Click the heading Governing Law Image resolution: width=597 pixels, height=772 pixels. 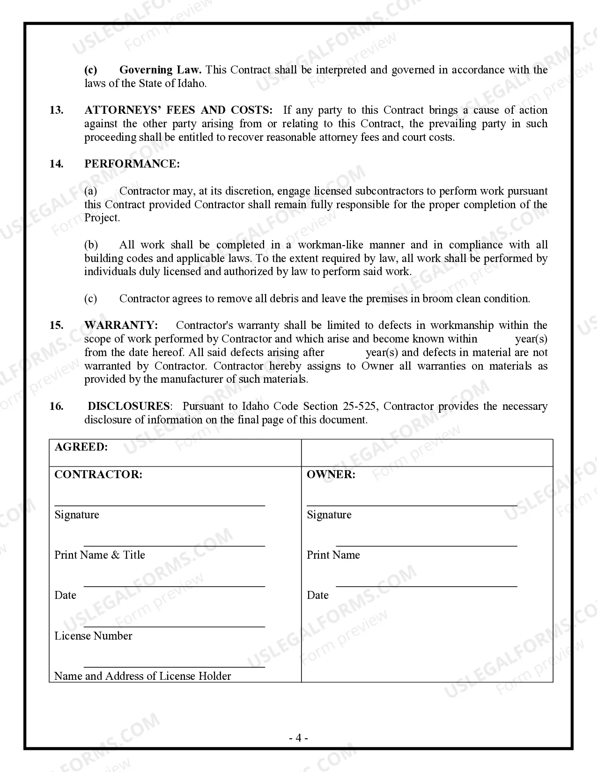tap(160, 70)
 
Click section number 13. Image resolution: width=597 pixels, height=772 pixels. tap(56, 110)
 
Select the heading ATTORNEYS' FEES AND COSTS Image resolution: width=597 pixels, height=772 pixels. tap(178, 110)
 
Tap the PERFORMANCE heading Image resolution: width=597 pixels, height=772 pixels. tap(132, 164)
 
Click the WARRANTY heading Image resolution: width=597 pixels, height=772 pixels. tap(121, 326)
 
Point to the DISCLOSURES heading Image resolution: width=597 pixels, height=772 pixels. tap(129, 407)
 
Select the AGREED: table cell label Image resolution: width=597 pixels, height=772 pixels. tap(81, 447)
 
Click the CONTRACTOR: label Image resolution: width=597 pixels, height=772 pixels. tap(98, 475)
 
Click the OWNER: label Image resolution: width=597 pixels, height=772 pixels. tap(331, 475)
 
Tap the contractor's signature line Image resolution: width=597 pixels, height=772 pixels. tap(160, 505)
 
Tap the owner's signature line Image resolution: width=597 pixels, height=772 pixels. tap(412, 505)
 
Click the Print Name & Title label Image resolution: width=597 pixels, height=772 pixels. tap(100, 555)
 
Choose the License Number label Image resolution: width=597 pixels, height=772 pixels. tap(93, 636)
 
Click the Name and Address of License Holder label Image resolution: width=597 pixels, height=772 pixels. tap(143, 677)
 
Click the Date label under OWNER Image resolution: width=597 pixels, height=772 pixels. tap(317, 596)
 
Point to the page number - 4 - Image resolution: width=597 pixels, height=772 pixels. tap(298, 738)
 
